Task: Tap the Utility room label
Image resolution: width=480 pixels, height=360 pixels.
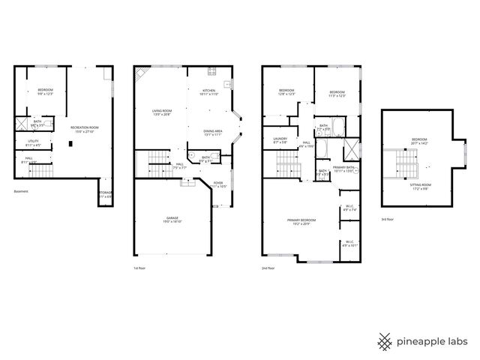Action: (x=33, y=142)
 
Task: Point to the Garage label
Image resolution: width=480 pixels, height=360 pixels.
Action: (x=172, y=220)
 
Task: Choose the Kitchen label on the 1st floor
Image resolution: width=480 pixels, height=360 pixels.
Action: (x=208, y=91)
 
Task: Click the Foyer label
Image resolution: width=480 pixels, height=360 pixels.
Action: (x=217, y=183)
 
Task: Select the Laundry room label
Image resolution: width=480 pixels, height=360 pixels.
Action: (x=280, y=140)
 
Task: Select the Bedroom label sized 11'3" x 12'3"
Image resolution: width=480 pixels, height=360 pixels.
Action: (x=337, y=93)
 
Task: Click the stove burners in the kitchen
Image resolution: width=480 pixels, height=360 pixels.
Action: (x=212, y=72)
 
